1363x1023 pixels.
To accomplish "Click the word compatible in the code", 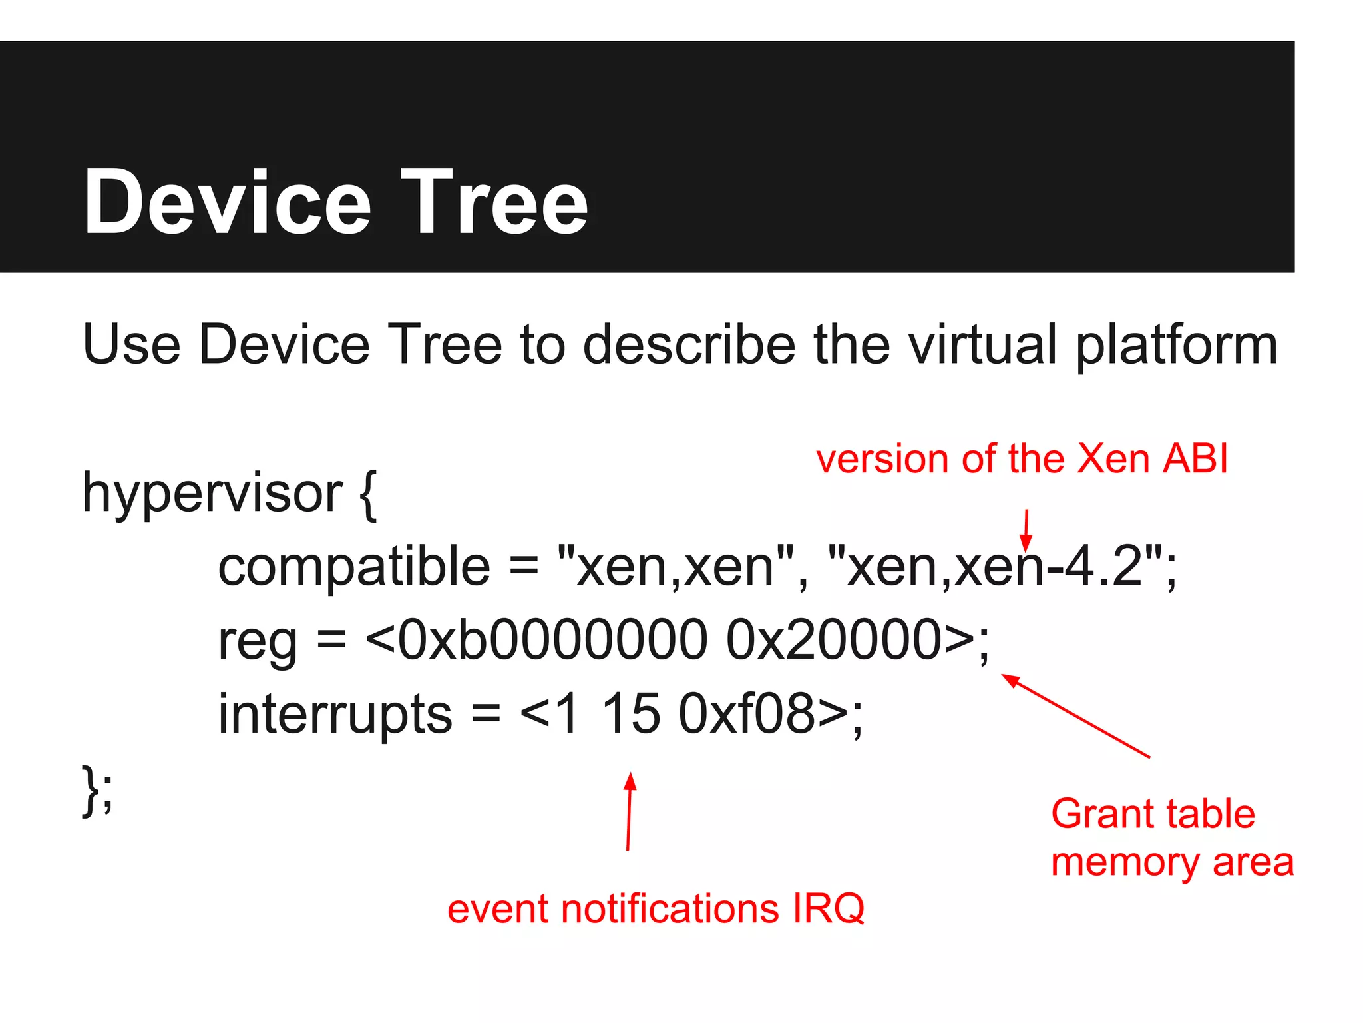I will (x=354, y=567).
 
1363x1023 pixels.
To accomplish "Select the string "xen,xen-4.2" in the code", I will (x=995, y=566).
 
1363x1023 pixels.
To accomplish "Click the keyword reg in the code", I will (x=257, y=641).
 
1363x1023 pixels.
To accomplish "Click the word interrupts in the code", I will (x=335, y=714).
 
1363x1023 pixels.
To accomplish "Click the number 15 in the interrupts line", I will (x=631, y=714).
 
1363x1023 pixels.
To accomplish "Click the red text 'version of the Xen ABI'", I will (x=1022, y=459).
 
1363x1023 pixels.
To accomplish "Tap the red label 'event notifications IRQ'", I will (x=656, y=908).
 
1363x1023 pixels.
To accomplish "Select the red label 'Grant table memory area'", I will (x=1171, y=838).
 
